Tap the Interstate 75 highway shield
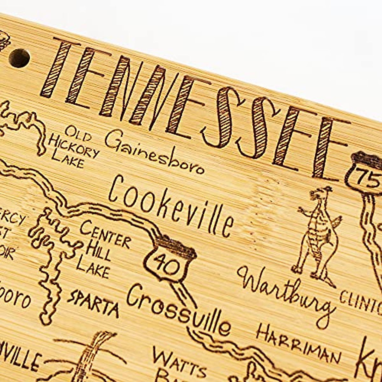point(366,173)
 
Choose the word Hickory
point(73,150)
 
